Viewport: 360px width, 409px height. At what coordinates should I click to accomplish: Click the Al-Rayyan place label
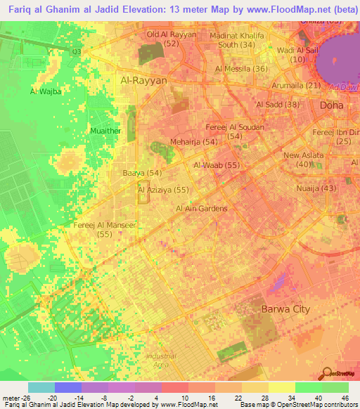(144, 80)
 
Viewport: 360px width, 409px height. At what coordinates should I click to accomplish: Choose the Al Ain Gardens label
(202, 209)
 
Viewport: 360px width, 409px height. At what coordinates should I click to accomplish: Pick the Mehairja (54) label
(193, 142)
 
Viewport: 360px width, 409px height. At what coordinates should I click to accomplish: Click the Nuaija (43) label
(320, 188)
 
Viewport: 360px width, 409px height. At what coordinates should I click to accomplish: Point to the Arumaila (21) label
(296, 86)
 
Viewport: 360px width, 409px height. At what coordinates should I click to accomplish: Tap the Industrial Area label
(161, 360)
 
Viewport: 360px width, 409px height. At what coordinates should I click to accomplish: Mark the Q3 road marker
(77, 51)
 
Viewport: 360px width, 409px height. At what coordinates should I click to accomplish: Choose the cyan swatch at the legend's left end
(41, 387)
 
